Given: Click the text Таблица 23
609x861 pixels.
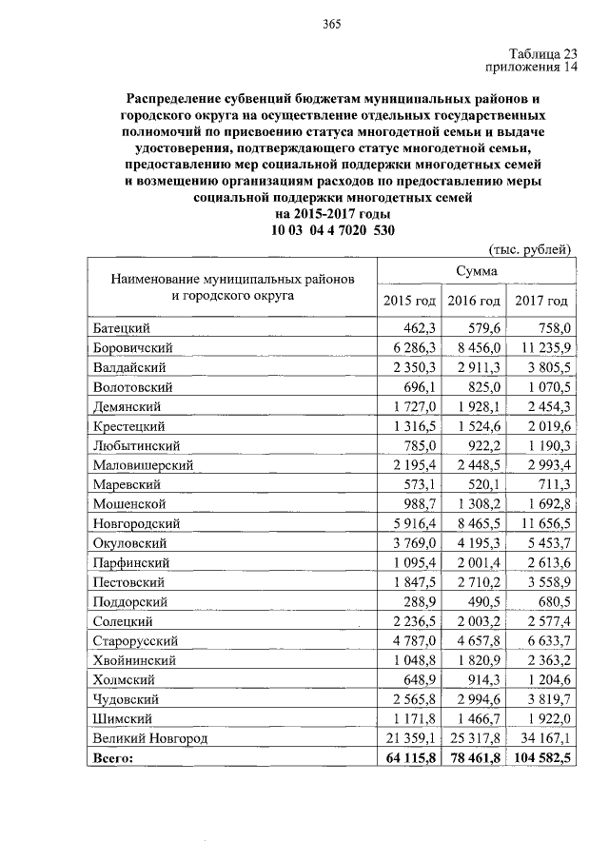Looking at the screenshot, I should (535, 53).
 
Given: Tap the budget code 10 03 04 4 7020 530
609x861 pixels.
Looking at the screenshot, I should (332, 230).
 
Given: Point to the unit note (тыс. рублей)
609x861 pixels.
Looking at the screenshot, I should (529, 250).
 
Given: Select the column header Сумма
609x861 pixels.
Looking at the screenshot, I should (474, 271).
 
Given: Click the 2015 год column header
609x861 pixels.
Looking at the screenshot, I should (409, 301).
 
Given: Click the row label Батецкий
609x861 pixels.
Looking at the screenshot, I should (123, 328).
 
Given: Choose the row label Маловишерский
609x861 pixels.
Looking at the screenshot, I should (144, 465).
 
